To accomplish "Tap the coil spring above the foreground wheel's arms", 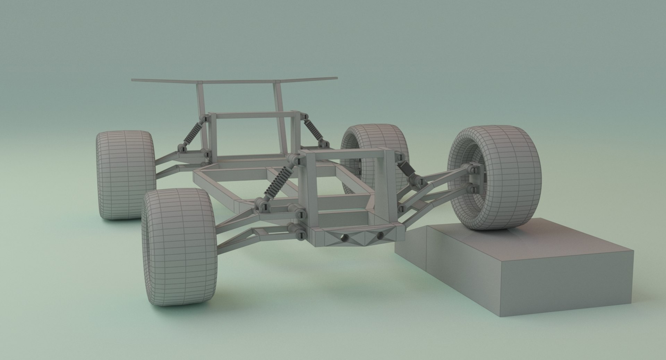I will click(x=279, y=183).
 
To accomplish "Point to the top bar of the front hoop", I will click(x=343, y=153).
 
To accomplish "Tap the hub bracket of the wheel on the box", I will click(x=475, y=179).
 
